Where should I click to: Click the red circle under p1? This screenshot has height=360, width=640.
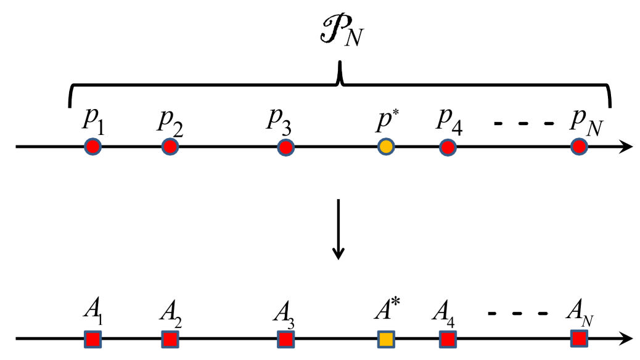92,147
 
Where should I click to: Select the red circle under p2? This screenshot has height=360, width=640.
170,147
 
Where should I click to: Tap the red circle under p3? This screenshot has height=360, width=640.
285,147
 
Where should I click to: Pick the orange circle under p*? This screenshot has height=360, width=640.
385,147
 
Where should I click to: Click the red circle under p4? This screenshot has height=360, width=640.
448,147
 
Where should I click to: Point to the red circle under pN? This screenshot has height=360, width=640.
578,147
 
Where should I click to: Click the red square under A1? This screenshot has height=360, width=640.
92,339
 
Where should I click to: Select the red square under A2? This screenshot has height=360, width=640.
170,339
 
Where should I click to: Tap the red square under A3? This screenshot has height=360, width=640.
285,339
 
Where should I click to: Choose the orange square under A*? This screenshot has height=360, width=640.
385,339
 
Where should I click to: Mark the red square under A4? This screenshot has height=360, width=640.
448,339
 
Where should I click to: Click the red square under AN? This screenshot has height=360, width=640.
578,338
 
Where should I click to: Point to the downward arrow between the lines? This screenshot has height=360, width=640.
338,228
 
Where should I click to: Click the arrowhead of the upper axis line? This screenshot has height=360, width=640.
626,147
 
